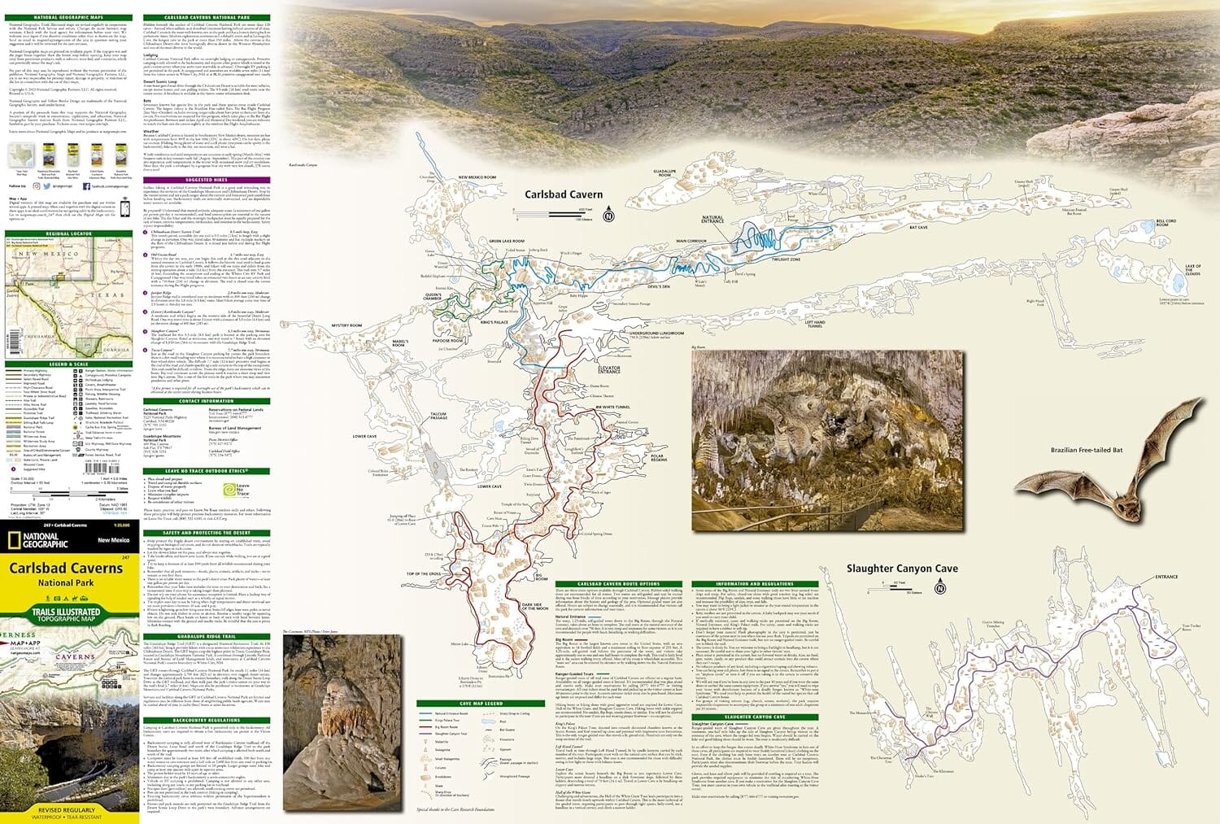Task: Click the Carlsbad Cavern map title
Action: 563,194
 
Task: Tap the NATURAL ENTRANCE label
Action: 712,220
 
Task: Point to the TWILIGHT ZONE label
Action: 786,259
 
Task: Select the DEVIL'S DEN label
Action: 658,286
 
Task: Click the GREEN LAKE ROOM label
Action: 507,242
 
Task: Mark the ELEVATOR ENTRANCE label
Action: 609,370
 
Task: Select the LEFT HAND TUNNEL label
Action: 814,325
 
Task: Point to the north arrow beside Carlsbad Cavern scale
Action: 608,216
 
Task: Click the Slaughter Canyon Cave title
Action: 901,569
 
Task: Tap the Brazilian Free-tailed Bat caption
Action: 1086,450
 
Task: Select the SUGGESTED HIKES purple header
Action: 206,180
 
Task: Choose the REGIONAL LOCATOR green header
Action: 69,233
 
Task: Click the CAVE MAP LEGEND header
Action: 481,704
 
